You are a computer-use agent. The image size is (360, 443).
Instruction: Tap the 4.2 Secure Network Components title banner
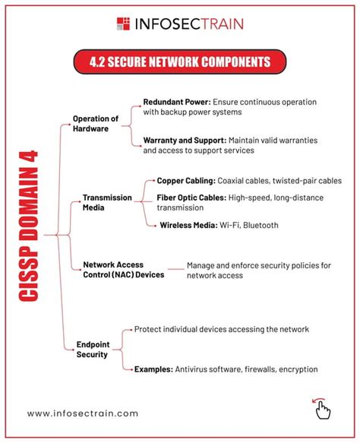point(180,60)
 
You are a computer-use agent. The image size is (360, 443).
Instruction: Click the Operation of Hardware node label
point(96,124)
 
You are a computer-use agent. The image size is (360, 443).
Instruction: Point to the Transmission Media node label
point(106,203)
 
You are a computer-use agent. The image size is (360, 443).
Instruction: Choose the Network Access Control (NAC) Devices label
point(123,270)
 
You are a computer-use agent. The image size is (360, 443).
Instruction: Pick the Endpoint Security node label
point(92,349)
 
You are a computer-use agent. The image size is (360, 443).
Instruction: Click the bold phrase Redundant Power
point(176,102)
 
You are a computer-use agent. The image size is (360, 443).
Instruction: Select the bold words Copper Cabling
point(185,181)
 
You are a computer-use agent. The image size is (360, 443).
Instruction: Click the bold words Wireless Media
point(188,225)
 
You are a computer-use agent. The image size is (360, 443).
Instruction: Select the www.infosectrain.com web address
point(83,413)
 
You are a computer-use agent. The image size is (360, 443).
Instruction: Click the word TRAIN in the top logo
point(219,24)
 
